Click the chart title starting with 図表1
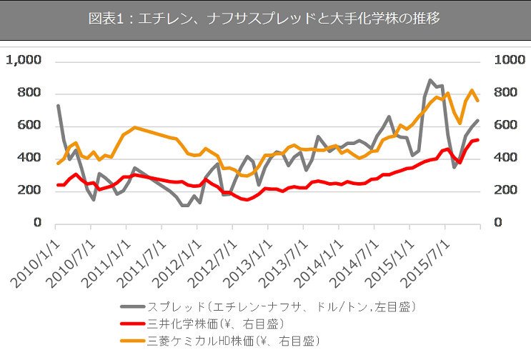point(264,19)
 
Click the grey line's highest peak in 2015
point(430,80)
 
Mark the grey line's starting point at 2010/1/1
point(58,106)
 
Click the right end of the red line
point(478,140)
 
